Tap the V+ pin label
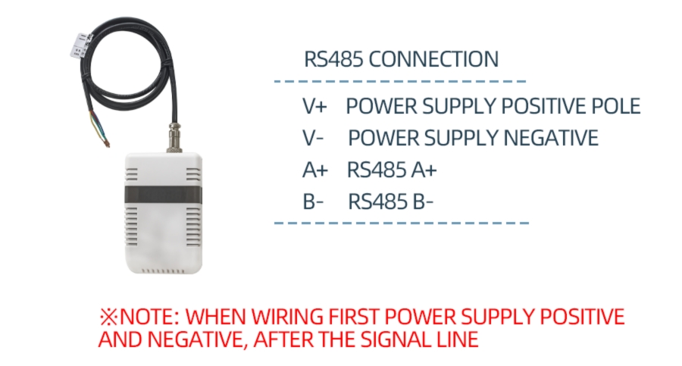pos(314,106)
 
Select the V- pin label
pos(314,139)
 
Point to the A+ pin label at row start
pos(314,170)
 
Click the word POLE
pos(617,106)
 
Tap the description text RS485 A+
pos(392,170)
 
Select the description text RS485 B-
pos(391,202)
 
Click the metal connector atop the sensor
pos(173,137)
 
